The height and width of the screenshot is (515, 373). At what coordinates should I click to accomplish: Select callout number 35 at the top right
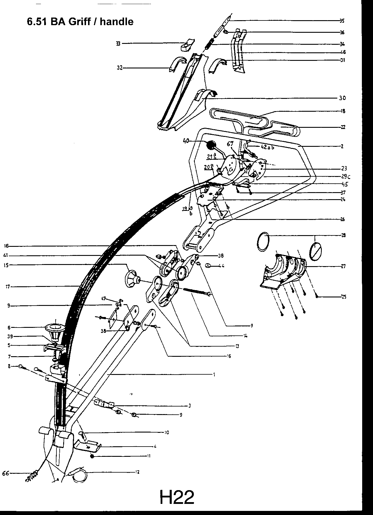pos(342,21)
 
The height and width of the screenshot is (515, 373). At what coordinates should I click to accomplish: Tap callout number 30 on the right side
pos(342,98)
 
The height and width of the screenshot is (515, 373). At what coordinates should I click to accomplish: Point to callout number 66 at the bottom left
pos(6,473)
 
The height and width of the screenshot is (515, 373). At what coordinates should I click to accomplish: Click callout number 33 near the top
pos(118,44)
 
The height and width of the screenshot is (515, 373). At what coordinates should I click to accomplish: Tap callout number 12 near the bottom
pos(137,472)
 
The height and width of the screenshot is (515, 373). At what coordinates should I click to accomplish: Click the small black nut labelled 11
pos(92,456)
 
